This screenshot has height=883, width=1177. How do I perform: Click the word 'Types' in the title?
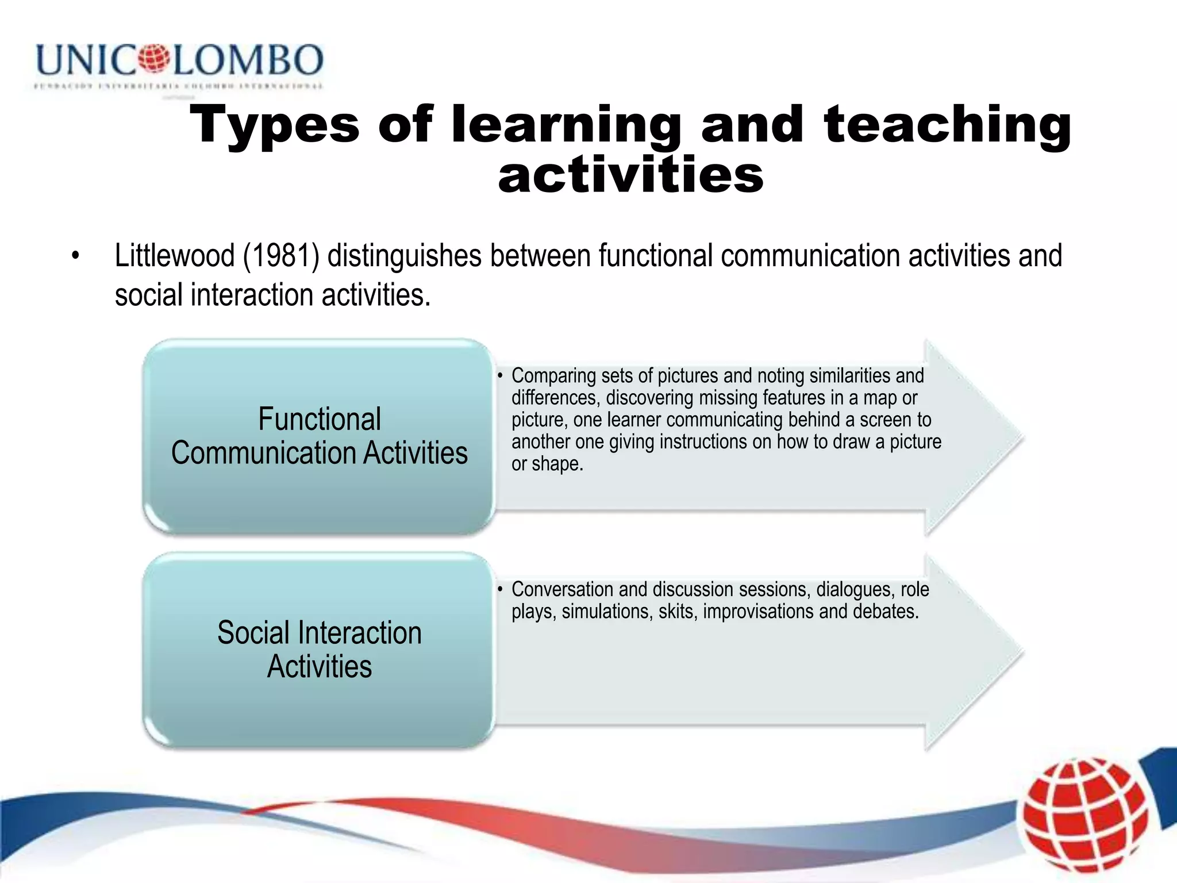click(274, 125)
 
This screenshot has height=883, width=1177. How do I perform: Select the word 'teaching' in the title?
click(947, 125)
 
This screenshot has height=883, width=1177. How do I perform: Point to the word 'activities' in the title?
click(630, 175)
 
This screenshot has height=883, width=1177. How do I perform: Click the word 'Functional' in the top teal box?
click(320, 419)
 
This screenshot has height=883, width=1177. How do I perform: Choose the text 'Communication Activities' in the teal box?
click(320, 453)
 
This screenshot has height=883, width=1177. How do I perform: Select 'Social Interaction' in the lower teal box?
click(320, 633)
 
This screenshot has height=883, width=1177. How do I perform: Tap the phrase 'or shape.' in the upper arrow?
click(547, 464)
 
